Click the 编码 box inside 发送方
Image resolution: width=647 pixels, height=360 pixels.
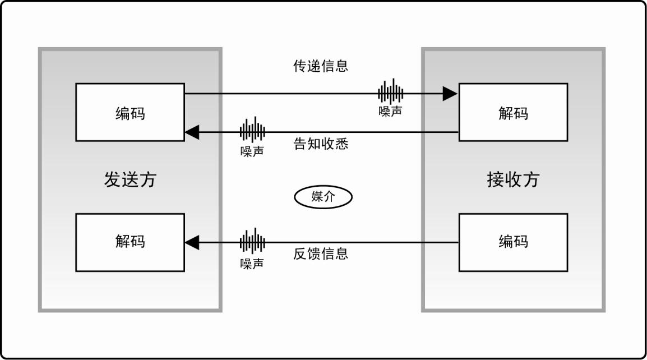pyautogui.click(x=130, y=112)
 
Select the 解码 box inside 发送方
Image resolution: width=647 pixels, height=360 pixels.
pyautogui.click(x=130, y=242)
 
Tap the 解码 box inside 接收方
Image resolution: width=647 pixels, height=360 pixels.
pyautogui.click(x=513, y=112)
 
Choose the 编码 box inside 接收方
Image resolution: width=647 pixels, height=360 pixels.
pyautogui.click(x=513, y=242)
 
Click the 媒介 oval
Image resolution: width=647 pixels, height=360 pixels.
pyautogui.click(x=323, y=197)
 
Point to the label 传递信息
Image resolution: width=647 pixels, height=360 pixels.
pyautogui.click(x=321, y=66)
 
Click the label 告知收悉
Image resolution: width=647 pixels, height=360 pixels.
pyautogui.click(x=321, y=144)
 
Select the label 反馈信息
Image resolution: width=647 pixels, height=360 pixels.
pyautogui.click(x=321, y=253)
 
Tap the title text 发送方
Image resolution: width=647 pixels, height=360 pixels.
pyautogui.click(x=130, y=179)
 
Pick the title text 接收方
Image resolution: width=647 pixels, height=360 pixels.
pyautogui.click(x=513, y=179)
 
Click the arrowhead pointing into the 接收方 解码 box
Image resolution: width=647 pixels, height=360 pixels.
pyautogui.click(x=450, y=94)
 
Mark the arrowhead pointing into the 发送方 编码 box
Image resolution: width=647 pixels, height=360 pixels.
pyautogui.click(x=192, y=132)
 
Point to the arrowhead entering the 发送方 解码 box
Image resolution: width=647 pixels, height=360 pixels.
pyautogui.click(x=192, y=243)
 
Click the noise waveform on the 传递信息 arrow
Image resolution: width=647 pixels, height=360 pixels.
pyautogui.click(x=390, y=91)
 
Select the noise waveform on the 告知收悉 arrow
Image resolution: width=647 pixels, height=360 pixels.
pyautogui.click(x=252, y=131)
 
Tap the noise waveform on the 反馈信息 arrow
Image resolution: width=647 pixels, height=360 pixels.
pyautogui.click(x=252, y=242)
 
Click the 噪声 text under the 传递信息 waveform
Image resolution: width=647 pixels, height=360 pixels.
pyautogui.click(x=390, y=111)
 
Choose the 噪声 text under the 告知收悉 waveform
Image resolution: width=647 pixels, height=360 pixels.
pyautogui.click(x=252, y=151)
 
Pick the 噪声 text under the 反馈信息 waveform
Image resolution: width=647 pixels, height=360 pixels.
pyautogui.click(x=252, y=263)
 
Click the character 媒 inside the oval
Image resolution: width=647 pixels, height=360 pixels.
pyautogui.click(x=317, y=197)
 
